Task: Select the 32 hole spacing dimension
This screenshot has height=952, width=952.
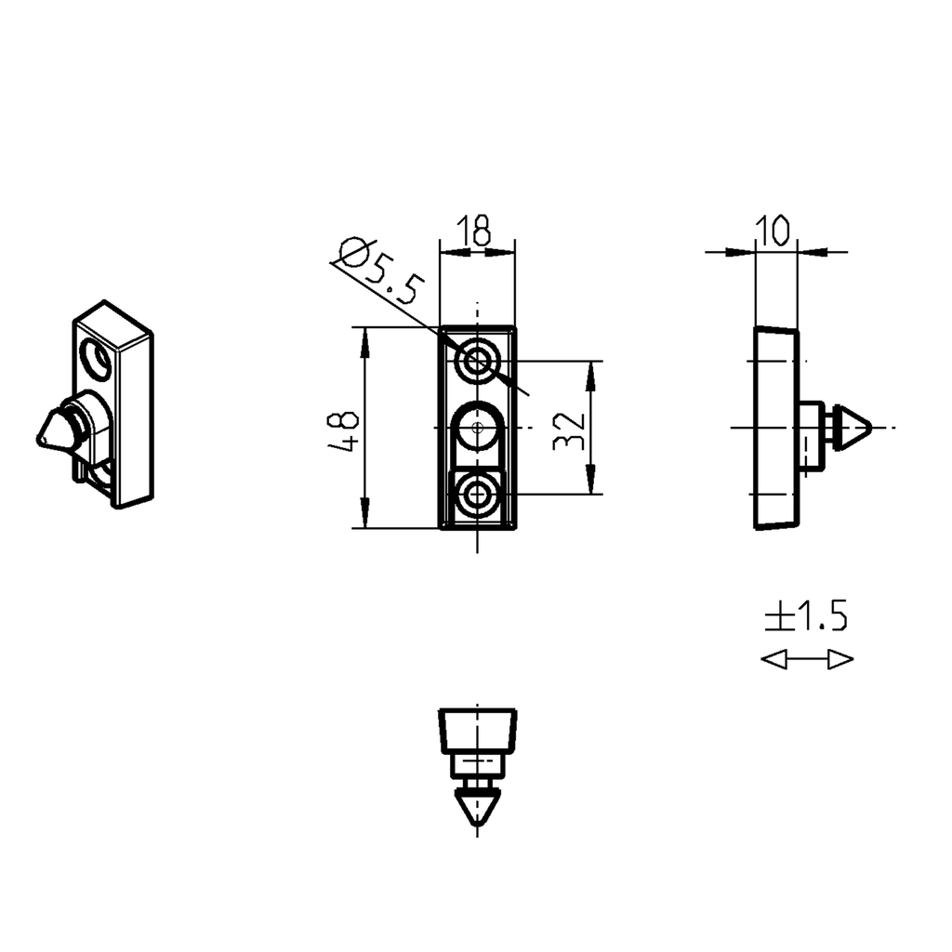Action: tap(568, 429)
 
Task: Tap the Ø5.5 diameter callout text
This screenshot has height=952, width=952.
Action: tap(380, 273)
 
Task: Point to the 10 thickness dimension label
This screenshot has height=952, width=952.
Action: tap(773, 229)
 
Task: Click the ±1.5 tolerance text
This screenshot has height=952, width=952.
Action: tap(806, 616)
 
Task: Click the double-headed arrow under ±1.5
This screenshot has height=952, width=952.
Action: tap(806, 660)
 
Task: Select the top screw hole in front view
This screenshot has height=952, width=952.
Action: tap(477, 361)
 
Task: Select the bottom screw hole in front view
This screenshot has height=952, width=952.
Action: tap(477, 495)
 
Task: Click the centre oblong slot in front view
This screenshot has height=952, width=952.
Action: tap(477, 430)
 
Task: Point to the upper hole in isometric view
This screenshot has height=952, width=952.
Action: tap(95, 358)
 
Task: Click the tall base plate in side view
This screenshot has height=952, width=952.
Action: tap(774, 429)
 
